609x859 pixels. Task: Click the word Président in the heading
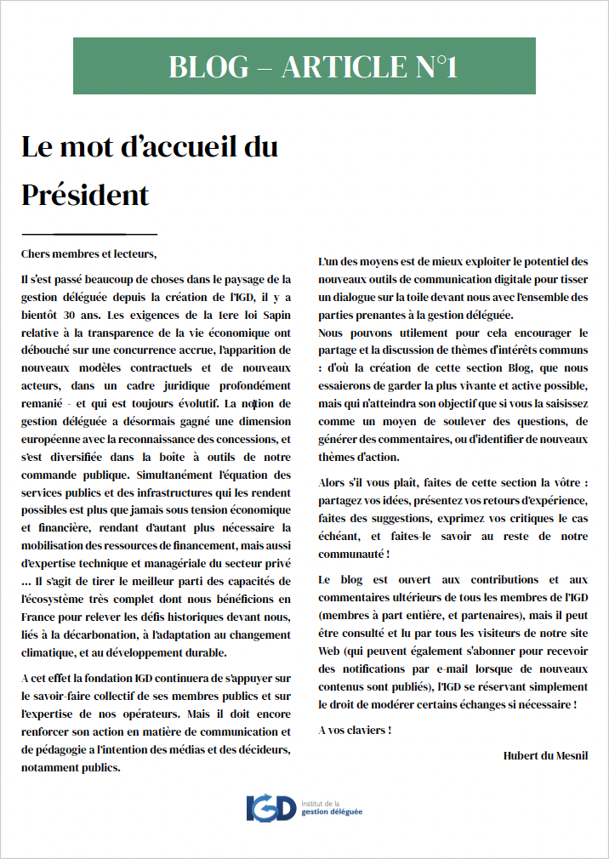(85, 195)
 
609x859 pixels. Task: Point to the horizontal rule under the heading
(89, 233)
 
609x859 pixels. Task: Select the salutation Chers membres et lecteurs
(89, 253)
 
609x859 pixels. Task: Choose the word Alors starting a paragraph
(334, 481)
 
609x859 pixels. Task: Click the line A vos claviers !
(354, 730)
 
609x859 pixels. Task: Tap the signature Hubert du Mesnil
(545, 755)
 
